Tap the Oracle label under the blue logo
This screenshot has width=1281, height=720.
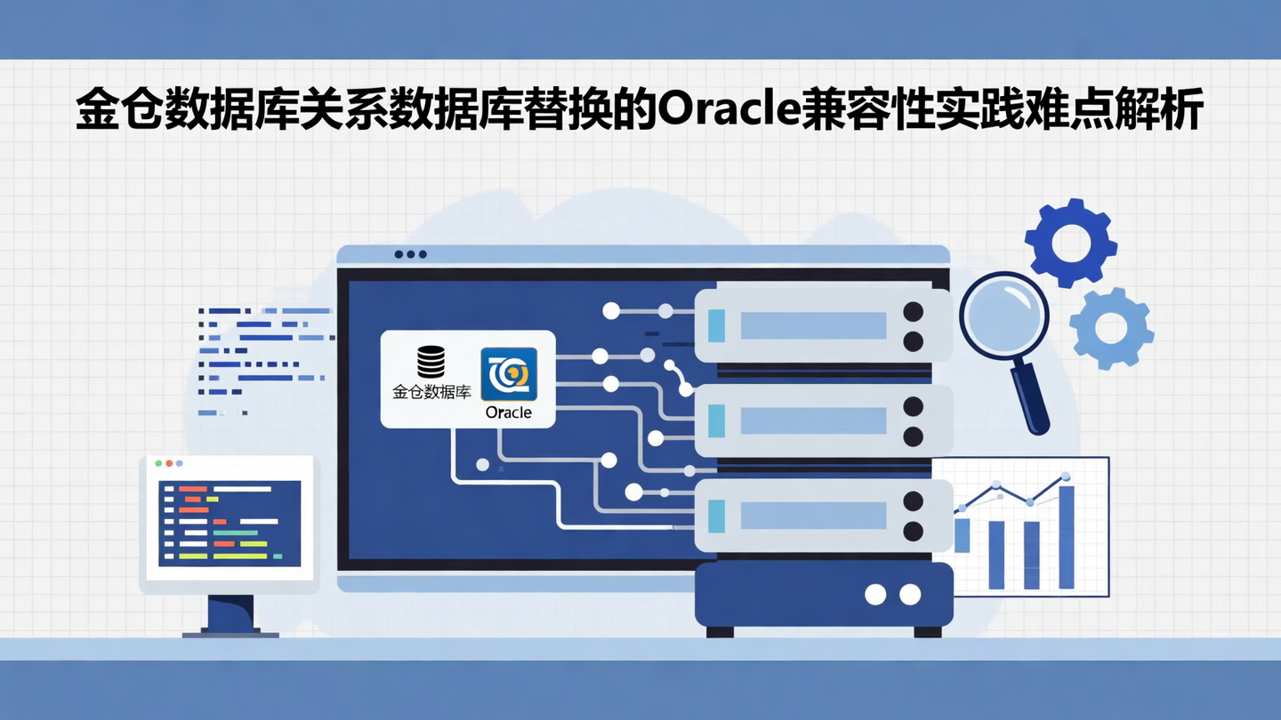[509, 412]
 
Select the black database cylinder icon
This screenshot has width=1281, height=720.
[431, 362]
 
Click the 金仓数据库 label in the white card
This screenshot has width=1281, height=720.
[431, 391]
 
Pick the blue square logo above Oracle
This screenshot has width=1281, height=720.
[509, 373]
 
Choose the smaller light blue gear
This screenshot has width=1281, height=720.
[1111, 329]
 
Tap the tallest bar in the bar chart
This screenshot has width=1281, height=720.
[1066, 537]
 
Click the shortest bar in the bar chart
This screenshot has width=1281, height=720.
[962, 535]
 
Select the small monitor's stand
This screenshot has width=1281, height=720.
[230, 613]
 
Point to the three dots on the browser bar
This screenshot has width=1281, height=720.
[410, 254]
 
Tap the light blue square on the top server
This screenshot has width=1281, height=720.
[716, 325]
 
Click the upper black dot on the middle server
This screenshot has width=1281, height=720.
[913, 406]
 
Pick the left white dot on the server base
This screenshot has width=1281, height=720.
[875, 595]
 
